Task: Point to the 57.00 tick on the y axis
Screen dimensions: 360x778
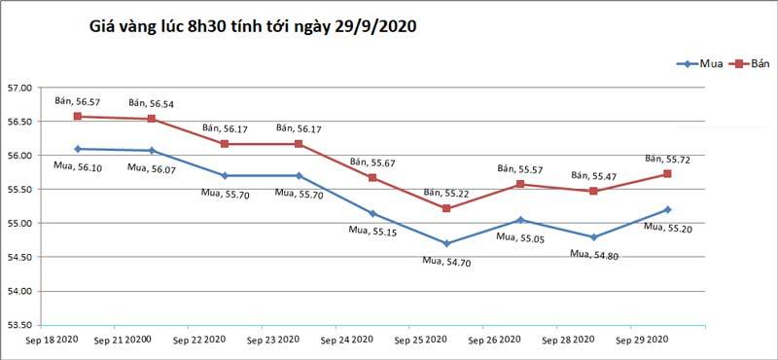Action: [x=19, y=89]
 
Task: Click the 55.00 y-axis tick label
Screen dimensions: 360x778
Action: [x=19, y=224]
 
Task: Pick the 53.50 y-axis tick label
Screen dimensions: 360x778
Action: [x=19, y=325]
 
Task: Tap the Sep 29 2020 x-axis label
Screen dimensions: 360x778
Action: [x=643, y=340]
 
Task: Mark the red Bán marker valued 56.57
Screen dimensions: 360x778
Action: [x=77, y=117]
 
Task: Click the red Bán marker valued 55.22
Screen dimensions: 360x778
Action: [x=446, y=208]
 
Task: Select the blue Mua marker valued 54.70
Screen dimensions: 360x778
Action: [x=446, y=243]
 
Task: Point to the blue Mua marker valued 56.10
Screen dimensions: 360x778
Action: [x=77, y=149]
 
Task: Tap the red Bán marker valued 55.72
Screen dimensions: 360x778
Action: [x=667, y=173]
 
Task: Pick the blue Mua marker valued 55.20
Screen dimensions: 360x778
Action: [x=667, y=209]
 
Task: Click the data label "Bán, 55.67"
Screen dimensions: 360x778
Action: [x=372, y=162]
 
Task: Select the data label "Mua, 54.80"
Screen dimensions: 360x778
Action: [x=593, y=254]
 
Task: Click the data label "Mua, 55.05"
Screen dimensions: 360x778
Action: [x=520, y=236]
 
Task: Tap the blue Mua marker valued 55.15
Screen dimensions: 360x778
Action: [x=372, y=213]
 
